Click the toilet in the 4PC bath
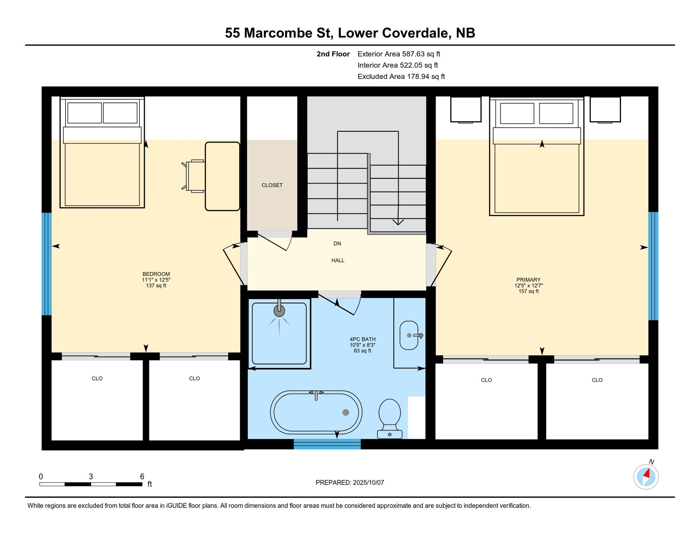pyautogui.click(x=389, y=419)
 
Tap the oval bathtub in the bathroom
pyautogui.click(x=316, y=412)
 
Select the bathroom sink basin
pyautogui.click(x=409, y=335)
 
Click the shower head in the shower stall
pyautogui.click(x=279, y=310)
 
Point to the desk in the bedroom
pyautogui.click(x=223, y=176)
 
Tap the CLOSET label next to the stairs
pyautogui.click(x=272, y=185)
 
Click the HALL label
pyautogui.click(x=338, y=261)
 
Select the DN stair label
pyautogui.click(x=337, y=244)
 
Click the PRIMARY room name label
pyautogui.click(x=529, y=280)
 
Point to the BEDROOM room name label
pyautogui.click(x=156, y=274)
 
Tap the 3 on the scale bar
pyautogui.click(x=91, y=477)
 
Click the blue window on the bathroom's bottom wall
pyautogui.click(x=327, y=444)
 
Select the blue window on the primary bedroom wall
pyautogui.click(x=653, y=266)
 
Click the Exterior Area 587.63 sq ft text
pyautogui.click(x=399, y=54)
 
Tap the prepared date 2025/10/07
pyautogui.click(x=368, y=483)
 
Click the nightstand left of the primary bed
pyautogui.click(x=466, y=110)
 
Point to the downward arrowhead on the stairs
pyautogui.click(x=398, y=222)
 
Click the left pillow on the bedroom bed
pyautogui.click(x=85, y=113)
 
